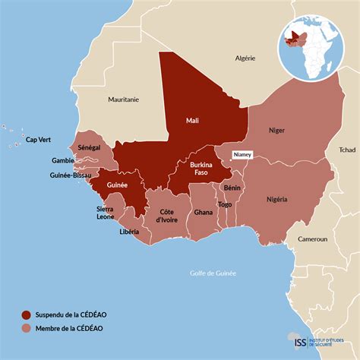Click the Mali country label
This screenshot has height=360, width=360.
192,120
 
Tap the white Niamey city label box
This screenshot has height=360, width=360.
242,154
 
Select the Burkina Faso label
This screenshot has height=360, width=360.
201,169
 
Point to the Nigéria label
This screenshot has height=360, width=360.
276,199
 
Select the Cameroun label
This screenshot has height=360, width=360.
312,238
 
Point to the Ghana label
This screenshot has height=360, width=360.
203,213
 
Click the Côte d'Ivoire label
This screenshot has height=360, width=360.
167,215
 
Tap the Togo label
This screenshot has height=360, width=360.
225,204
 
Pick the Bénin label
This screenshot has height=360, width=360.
232,186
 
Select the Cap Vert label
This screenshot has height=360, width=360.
39,140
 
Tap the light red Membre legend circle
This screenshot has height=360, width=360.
27,329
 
